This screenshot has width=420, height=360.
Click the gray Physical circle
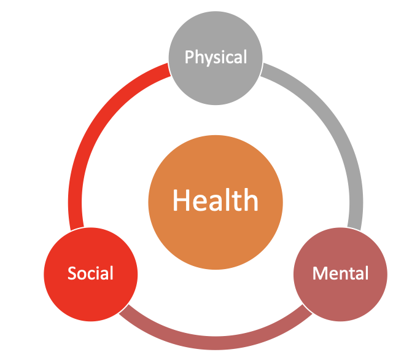[x=216, y=58]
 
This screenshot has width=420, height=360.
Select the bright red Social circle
[x=91, y=274]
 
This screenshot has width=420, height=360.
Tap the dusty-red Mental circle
[x=340, y=274]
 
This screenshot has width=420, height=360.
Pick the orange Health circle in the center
[x=216, y=202]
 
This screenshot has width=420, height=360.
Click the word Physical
[x=216, y=57]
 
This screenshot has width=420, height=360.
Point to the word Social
[x=90, y=273]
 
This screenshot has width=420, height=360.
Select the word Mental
[x=340, y=273]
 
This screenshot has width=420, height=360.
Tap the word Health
[x=216, y=200]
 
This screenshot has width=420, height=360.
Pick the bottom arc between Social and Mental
[x=216, y=343]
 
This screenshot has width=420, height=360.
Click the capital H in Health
[x=181, y=200]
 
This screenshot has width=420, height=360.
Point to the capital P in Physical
[x=189, y=57]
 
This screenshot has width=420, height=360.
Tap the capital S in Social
[x=72, y=273]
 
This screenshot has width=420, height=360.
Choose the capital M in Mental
[x=319, y=273]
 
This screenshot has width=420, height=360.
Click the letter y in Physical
[x=208, y=60]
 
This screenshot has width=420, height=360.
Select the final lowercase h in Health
[x=251, y=200]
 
